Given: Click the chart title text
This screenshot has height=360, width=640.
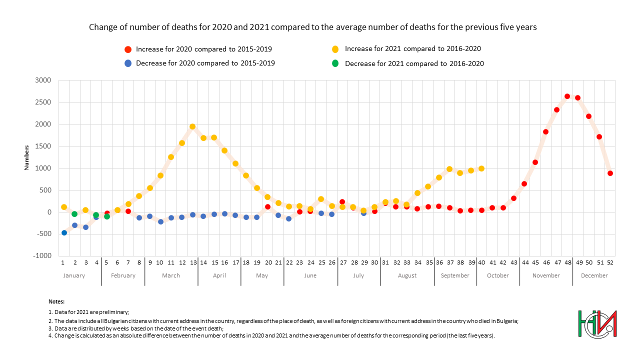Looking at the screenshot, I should [x=312, y=27].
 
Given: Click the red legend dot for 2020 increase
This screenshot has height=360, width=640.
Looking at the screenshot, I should [x=128, y=49].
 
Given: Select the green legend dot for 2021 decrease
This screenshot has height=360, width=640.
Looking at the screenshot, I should [x=335, y=63].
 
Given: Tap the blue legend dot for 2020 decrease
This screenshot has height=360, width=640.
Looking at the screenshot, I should [x=128, y=63].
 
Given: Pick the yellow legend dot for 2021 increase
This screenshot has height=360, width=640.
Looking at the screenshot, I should [x=335, y=49].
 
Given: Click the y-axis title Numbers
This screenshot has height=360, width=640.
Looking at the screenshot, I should [x=27, y=157].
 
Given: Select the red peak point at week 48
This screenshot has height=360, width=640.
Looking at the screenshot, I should [x=567, y=96].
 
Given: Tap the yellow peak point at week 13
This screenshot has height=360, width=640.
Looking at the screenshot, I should [x=192, y=126].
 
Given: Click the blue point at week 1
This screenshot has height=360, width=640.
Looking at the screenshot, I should [x=64, y=232].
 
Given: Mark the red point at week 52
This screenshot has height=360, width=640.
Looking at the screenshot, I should [x=610, y=173].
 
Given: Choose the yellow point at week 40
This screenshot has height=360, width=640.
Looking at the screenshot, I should [x=481, y=168].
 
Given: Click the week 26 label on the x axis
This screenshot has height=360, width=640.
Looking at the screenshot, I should [x=331, y=262].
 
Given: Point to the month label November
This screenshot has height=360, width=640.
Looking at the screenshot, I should [x=546, y=275].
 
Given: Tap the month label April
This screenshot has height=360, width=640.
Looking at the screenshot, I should [x=219, y=275].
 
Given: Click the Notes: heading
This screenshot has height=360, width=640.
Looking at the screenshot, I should [x=56, y=302].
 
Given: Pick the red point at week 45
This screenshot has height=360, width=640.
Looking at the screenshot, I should [x=535, y=162].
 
